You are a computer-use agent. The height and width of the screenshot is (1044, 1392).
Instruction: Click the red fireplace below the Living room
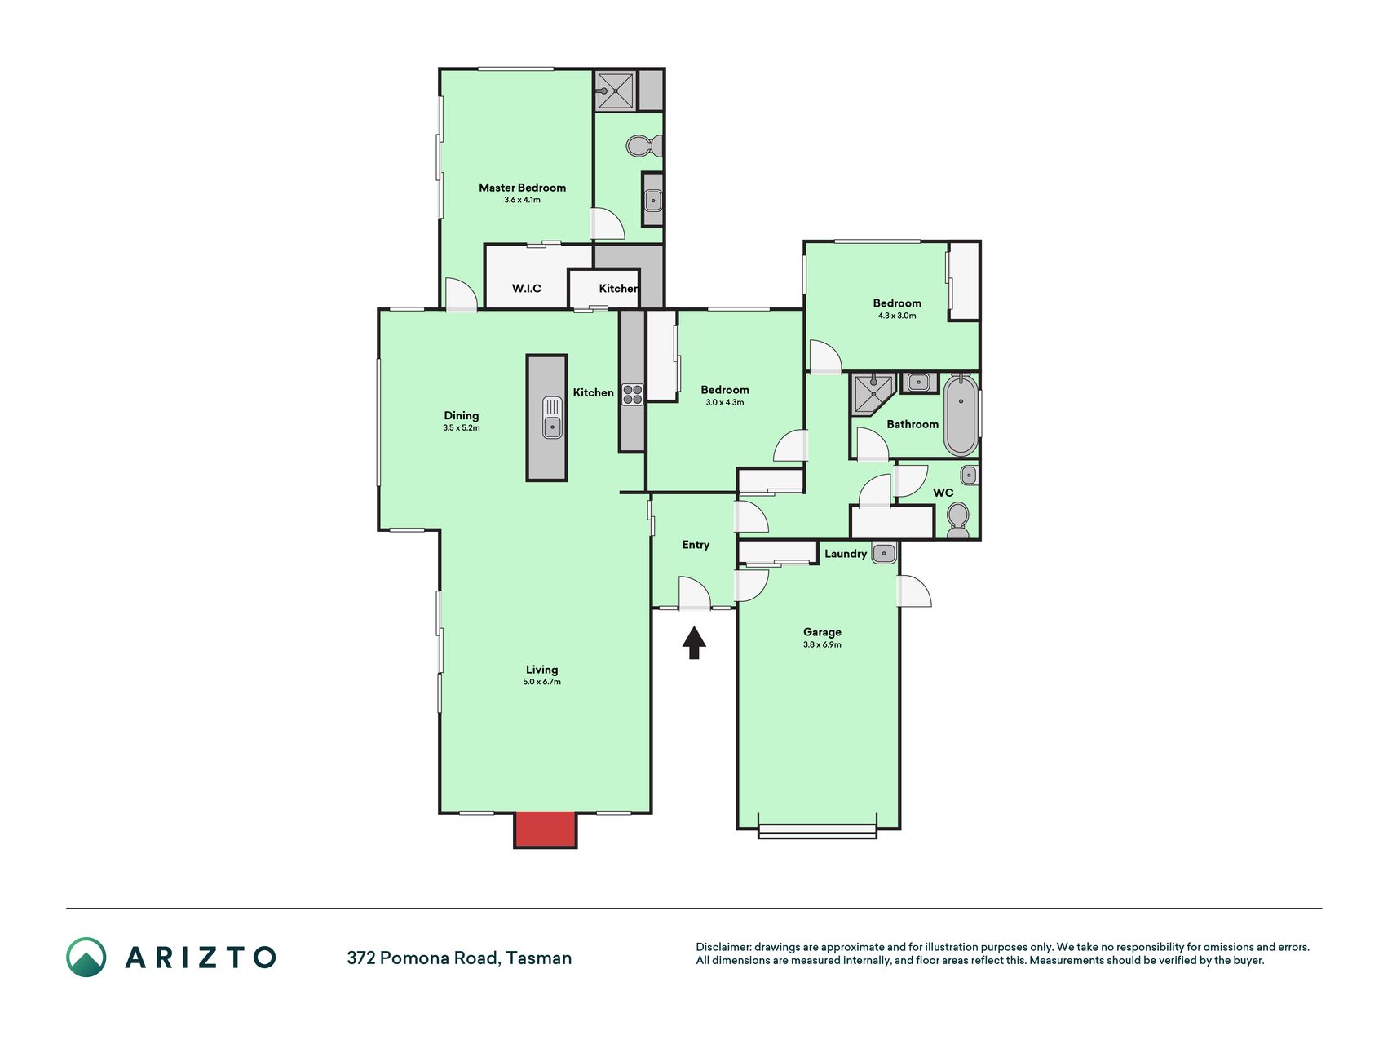[545, 829]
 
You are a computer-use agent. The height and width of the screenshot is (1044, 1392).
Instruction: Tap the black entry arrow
[694, 642]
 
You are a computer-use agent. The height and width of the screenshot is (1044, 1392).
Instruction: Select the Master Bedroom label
[522, 188]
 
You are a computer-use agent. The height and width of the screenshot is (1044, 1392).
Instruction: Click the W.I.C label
[527, 288]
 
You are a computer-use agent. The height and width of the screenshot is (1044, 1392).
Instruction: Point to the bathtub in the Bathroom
[961, 415]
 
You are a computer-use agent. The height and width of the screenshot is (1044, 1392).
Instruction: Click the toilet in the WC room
[957, 519]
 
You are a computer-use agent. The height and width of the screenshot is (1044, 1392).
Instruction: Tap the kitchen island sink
[552, 417]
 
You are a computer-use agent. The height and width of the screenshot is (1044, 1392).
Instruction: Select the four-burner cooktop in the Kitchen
[633, 395]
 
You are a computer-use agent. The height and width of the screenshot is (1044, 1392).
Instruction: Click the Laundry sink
[884, 554]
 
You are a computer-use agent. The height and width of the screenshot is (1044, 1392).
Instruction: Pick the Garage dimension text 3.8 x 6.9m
[822, 644]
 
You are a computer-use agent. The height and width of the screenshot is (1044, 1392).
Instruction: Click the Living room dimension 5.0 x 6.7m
[542, 682]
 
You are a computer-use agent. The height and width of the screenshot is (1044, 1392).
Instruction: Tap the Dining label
[462, 415]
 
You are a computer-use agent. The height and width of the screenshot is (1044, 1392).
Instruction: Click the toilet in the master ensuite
[644, 146]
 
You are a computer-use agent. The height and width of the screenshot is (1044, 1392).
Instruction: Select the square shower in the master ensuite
[616, 90]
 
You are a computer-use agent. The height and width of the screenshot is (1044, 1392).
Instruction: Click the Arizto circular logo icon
[86, 958]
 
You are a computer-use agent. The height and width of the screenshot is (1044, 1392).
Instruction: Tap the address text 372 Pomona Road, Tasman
[459, 958]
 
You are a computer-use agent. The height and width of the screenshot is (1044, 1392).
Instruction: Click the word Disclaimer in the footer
[723, 947]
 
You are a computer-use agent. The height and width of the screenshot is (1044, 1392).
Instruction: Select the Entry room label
[696, 545]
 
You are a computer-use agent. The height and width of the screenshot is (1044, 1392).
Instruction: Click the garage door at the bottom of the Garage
[817, 831]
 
